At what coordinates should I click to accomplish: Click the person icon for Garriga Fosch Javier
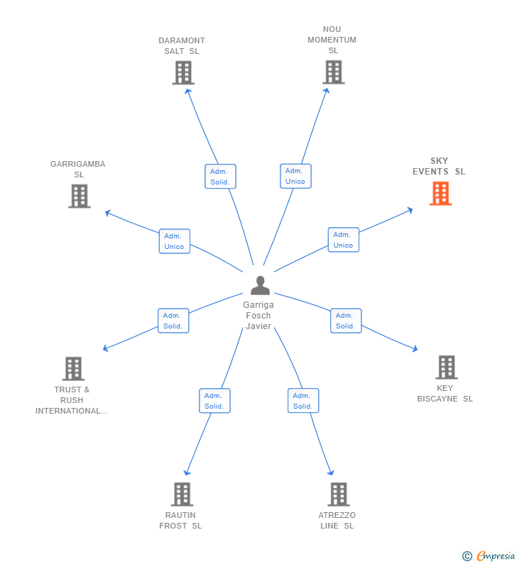(260, 285)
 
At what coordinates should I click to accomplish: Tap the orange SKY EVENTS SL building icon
(440, 193)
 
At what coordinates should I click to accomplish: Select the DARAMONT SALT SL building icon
(183, 72)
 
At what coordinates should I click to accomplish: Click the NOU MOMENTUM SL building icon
(333, 72)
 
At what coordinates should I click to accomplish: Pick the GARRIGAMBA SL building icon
(79, 196)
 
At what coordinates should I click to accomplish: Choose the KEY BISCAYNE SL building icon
(446, 367)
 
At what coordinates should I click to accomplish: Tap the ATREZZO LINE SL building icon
(338, 494)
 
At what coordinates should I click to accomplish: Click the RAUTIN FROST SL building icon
(182, 494)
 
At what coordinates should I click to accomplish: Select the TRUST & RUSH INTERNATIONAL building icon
(73, 369)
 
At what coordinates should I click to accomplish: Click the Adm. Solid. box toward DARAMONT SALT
(220, 177)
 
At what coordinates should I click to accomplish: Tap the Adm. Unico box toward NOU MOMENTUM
(295, 176)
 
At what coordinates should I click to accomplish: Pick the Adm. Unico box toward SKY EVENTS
(343, 240)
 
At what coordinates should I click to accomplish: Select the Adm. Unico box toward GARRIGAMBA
(174, 241)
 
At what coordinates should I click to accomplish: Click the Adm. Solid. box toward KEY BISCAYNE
(346, 321)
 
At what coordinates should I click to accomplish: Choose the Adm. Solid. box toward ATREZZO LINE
(303, 401)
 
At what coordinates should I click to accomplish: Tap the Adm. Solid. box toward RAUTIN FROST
(214, 401)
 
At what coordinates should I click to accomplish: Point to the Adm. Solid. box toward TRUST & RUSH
(173, 321)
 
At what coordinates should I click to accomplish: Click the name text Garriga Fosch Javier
(258, 315)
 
